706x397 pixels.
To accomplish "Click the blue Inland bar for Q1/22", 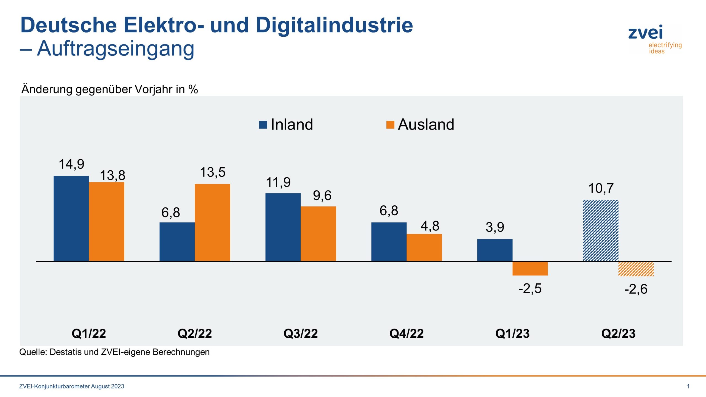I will [71, 218].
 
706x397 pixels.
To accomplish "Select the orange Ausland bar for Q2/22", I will [212, 222].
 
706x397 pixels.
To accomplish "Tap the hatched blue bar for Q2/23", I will [601, 230].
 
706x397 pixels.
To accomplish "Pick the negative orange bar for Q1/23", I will [530, 268].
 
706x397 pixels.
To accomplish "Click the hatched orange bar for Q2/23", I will [636, 269].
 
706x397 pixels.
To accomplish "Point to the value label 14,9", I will [71, 164].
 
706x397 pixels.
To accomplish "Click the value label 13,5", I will [213, 172].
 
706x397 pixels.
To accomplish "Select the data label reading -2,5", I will [530, 289].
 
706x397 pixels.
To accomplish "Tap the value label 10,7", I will [601, 189].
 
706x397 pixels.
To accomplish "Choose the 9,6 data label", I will [322, 196].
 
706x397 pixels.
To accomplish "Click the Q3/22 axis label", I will [301, 334].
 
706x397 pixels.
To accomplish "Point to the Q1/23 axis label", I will [512, 334].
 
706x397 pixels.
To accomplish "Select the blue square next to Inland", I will [263, 125].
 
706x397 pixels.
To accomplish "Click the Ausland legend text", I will [426, 124].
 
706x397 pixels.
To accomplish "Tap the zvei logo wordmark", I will [645, 33].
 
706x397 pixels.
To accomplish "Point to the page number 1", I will [688, 386].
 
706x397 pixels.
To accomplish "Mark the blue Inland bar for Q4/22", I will [389, 242].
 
